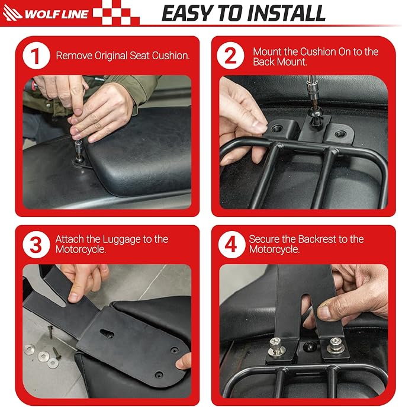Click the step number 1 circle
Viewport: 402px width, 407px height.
coord(36,56)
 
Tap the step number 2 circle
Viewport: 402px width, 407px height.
coord(230,56)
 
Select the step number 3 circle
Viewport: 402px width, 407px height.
coord(36,245)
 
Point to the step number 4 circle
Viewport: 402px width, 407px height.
coord(231,245)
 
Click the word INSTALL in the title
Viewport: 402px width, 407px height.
coord(286,13)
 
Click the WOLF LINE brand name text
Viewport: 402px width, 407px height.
coord(56,14)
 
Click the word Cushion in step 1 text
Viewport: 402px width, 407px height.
coord(171,56)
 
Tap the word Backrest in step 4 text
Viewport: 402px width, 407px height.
coord(316,239)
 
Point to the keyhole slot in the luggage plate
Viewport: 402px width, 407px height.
coord(107,334)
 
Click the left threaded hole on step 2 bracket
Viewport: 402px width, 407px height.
coord(277,128)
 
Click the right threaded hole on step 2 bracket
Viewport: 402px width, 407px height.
coord(340,134)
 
